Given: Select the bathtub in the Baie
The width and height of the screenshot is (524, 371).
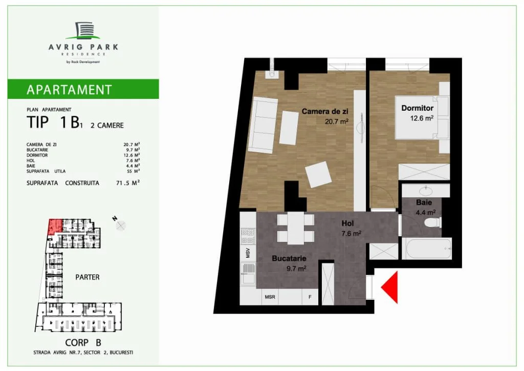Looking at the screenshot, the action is point(427,248).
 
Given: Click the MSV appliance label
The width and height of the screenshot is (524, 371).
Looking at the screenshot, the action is point(248,253).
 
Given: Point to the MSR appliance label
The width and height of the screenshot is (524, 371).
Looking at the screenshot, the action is point(270,297).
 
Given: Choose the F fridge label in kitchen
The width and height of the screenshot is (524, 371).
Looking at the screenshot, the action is point(310,297).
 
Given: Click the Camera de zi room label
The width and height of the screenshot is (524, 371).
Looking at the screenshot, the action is point(325,111).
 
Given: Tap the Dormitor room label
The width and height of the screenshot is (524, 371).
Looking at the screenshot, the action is point(418,108).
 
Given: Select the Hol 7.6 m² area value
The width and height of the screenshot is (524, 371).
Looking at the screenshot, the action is point(351,233).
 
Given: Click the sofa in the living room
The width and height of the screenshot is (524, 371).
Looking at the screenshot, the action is point(264,126).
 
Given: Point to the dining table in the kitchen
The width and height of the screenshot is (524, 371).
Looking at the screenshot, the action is point(296,228).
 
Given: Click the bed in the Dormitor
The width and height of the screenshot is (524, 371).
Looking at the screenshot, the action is point(422,117).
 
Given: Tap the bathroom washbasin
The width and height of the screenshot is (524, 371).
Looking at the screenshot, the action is point(426,191).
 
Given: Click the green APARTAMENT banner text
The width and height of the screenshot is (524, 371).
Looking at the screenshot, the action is point(69,90).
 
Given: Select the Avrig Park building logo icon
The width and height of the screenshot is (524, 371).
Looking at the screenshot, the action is point(83,30).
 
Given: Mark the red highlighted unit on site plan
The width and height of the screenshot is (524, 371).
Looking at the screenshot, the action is point(55,226).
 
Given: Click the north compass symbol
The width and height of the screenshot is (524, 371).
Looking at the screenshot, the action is point(121,226).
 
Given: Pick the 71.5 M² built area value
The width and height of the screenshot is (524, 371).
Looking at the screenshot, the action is point(128,183).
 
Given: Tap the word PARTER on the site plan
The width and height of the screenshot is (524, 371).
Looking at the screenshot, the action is point(87,277).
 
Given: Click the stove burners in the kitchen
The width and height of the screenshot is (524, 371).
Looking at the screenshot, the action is point(248,236).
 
